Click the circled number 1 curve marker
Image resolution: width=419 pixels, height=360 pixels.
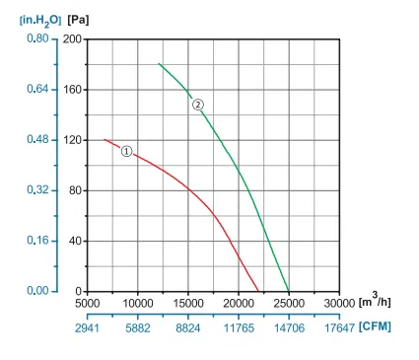[126, 151]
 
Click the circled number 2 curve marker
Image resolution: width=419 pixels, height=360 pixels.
[198, 105]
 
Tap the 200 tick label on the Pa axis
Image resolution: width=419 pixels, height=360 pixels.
[72, 39]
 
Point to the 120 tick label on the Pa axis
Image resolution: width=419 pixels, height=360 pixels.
[72, 140]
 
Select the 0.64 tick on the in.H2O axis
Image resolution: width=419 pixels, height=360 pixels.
[37, 89]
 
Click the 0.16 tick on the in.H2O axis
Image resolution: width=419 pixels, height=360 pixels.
[37, 241]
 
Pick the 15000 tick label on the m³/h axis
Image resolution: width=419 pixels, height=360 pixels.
[188, 303]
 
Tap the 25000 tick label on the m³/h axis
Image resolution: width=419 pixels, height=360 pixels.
[289, 303]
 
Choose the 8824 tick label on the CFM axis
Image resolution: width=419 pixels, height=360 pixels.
[188, 328]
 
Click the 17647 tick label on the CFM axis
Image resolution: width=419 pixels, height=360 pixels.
[339, 328]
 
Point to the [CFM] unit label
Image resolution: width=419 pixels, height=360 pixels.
[375, 326]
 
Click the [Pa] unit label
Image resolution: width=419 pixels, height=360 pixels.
[78, 20]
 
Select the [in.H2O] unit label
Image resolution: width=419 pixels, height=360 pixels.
[40, 21]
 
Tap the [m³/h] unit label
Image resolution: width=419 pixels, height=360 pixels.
[375, 300]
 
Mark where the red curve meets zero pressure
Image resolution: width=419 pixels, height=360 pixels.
[258, 291]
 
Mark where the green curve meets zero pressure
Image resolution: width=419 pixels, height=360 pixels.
[289, 291]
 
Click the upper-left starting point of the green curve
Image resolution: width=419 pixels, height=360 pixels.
[159, 63]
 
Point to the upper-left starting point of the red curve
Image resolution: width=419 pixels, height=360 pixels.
[105, 140]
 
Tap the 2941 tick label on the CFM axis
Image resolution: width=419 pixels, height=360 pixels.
[87, 328]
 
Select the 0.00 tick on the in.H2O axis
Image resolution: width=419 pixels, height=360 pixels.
[37, 291]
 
